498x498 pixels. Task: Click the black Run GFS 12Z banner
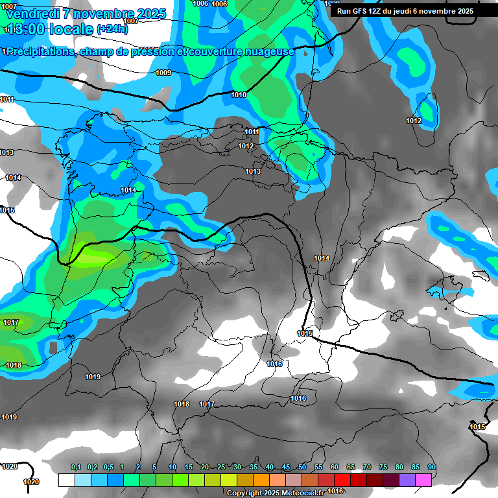pos(405,11)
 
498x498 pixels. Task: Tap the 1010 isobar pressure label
pos(239,95)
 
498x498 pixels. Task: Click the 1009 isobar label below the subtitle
pos(163,73)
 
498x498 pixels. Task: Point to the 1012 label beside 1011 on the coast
pos(246,146)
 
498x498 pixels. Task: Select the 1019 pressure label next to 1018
pos(93,377)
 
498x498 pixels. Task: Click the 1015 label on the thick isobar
pos(305,333)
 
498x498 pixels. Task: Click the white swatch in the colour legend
pos(66,480)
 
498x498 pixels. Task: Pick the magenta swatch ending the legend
pos(423,480)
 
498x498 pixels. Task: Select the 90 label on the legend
pos(431,468)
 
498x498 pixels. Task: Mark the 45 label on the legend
pos(285,468)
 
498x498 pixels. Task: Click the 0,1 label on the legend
pos(75,468)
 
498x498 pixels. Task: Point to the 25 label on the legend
pos(220,468)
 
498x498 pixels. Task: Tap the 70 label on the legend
pos(366,468)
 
